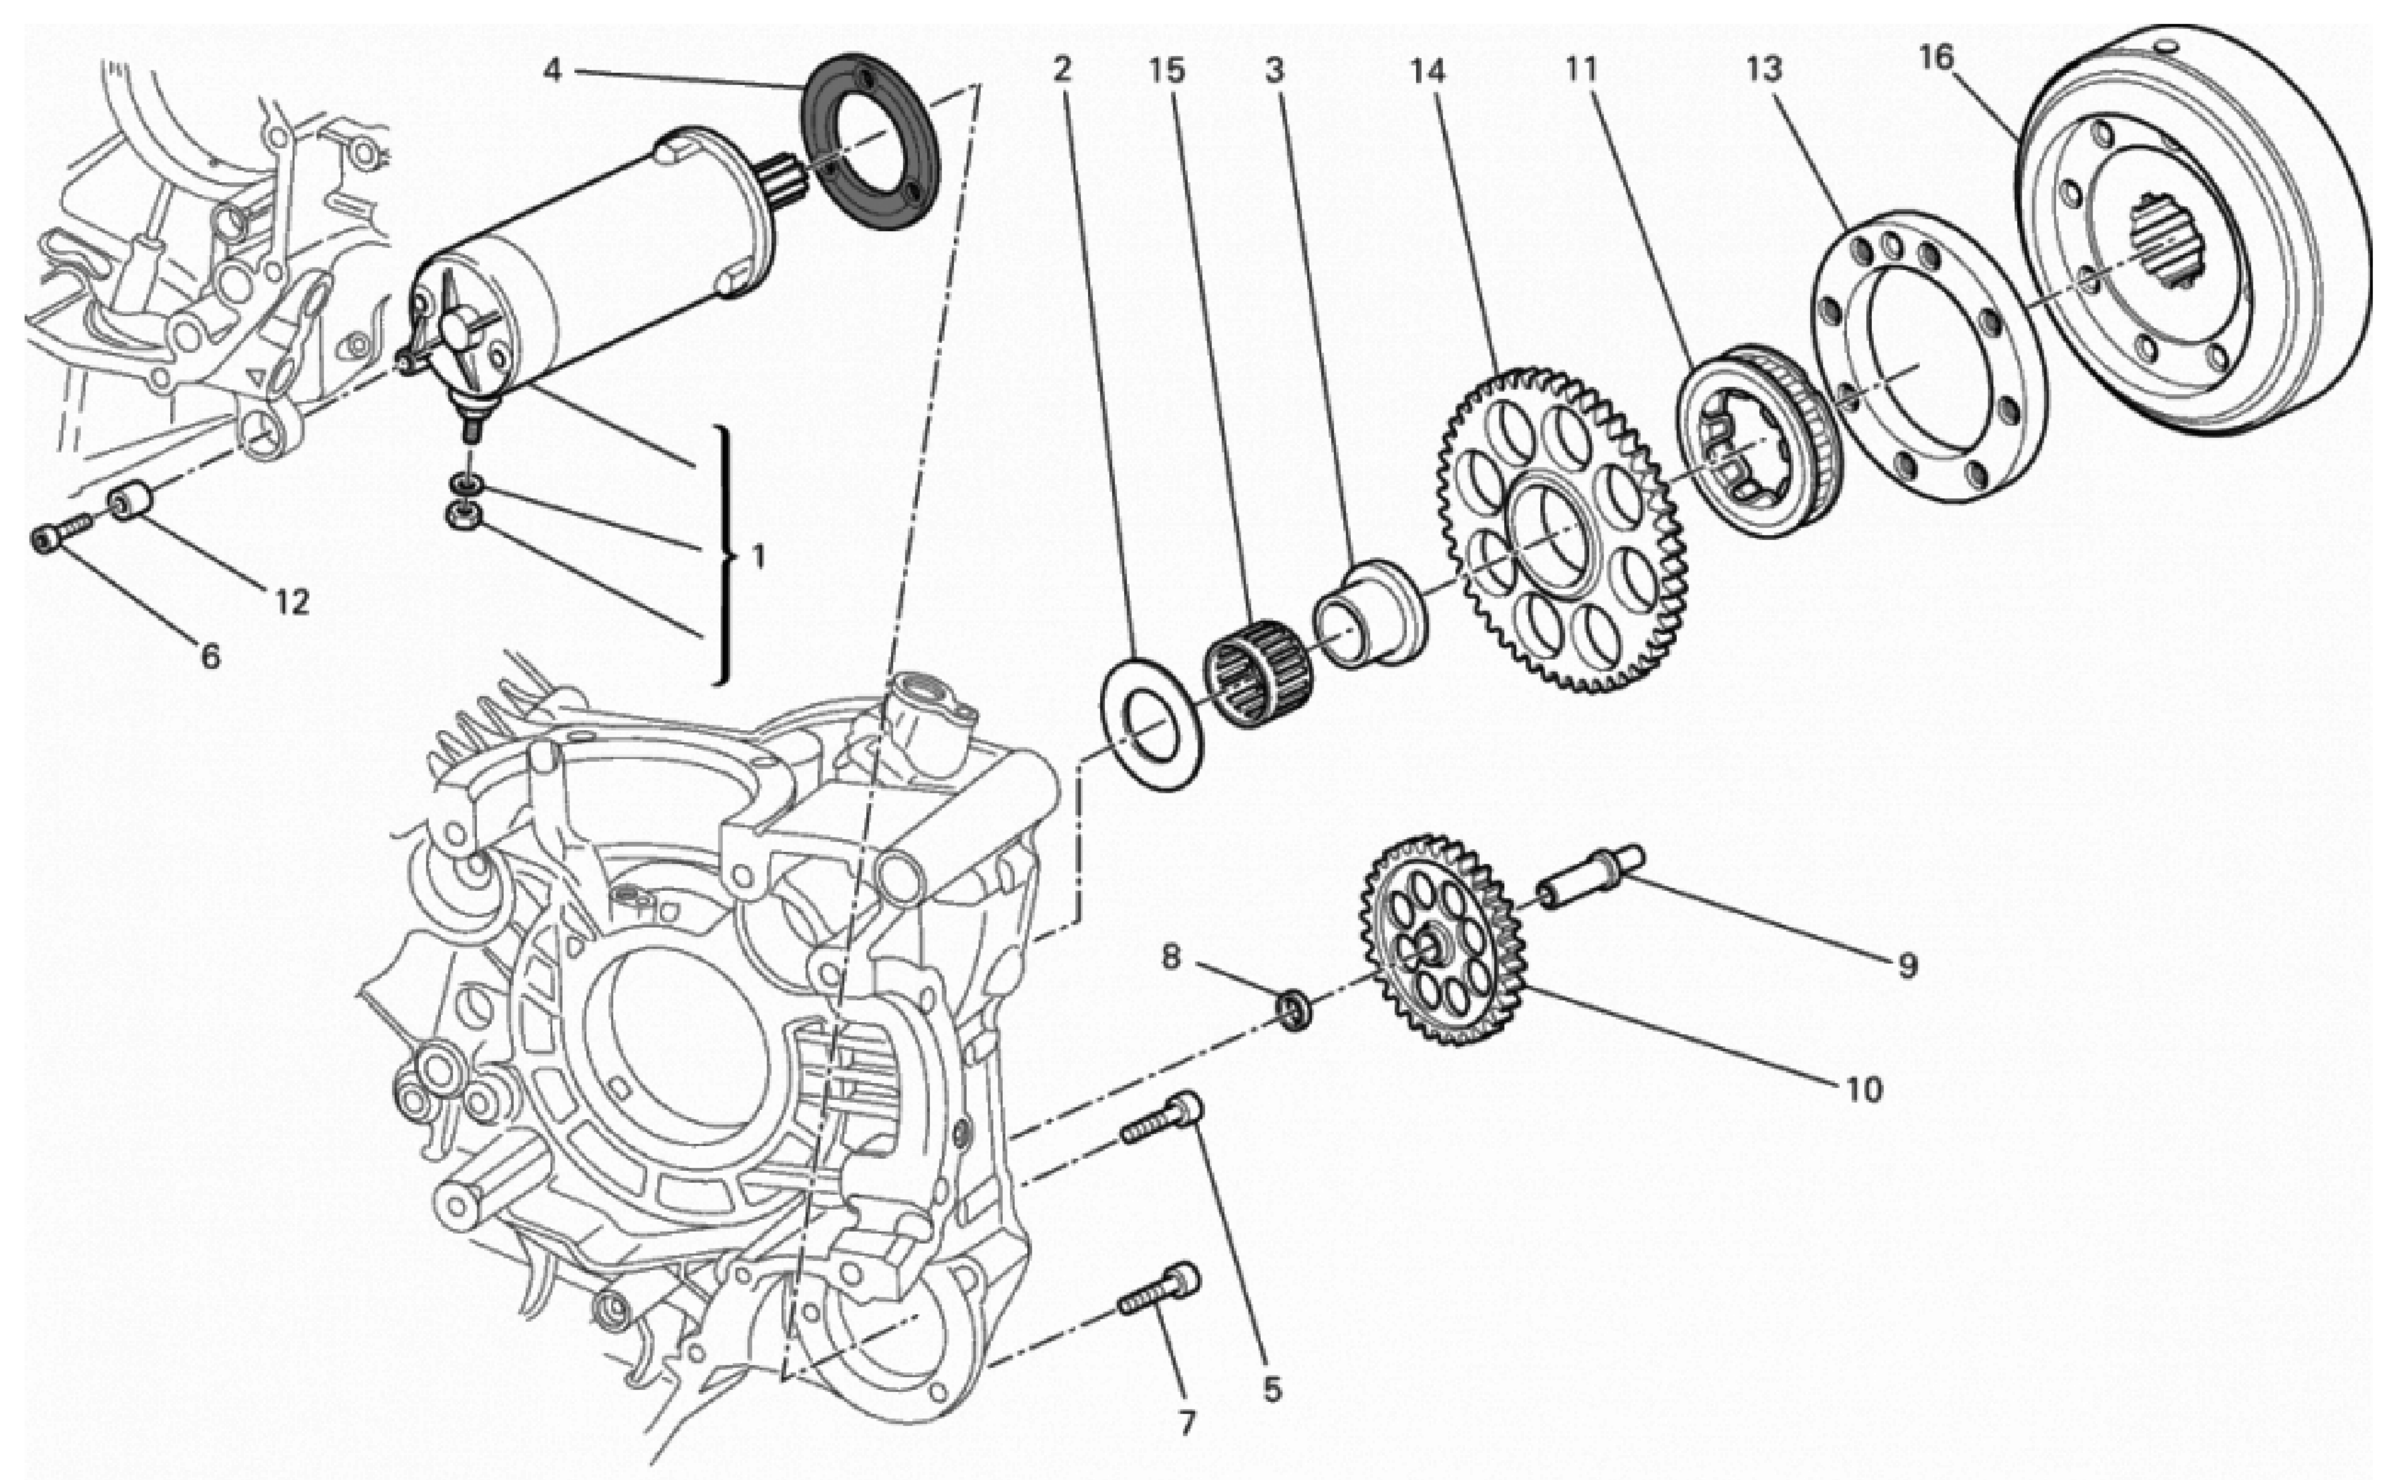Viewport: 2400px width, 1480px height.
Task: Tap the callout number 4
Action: [553, 71]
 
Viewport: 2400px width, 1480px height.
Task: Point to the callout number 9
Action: [1907, 966]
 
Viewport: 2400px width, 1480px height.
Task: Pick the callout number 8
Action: [1172, 956]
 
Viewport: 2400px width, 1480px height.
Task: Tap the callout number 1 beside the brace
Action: [757, 558]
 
